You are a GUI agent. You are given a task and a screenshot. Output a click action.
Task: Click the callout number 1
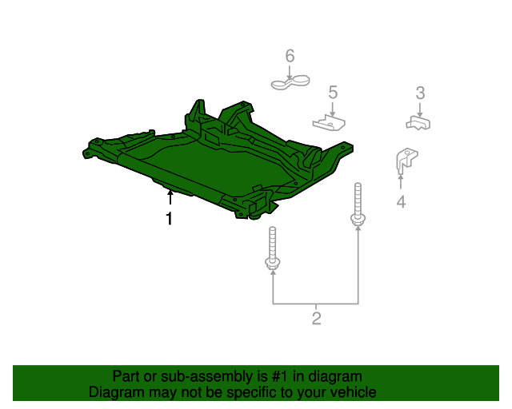click(169, 219)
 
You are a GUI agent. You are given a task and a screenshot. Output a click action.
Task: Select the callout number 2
click(317, 319)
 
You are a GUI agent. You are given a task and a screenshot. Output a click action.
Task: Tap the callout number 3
click(420, 93)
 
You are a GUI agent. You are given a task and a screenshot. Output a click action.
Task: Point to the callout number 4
click(401, 202)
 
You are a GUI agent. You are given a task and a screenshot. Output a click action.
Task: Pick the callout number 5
click(333, 93)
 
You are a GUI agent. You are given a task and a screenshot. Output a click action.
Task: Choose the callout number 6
click(290, 56)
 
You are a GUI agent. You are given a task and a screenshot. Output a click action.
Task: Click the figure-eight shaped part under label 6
click(290, 82)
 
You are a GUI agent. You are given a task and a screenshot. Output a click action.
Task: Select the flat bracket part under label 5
click(329, 122)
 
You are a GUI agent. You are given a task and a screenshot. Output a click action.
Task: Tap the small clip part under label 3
click(418, 123)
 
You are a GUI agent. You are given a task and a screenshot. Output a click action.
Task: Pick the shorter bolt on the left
click(273, 248)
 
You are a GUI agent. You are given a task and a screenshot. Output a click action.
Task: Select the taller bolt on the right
click(358, 204)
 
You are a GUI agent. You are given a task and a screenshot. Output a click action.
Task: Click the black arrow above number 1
click(170, 197)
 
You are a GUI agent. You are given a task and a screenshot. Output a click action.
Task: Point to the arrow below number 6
click(290, 72)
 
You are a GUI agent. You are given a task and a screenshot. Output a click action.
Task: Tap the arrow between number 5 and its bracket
click(333, 109)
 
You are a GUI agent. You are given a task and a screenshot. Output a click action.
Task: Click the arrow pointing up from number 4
click(401, 181)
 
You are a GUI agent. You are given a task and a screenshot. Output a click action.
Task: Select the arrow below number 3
click(420, 110)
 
